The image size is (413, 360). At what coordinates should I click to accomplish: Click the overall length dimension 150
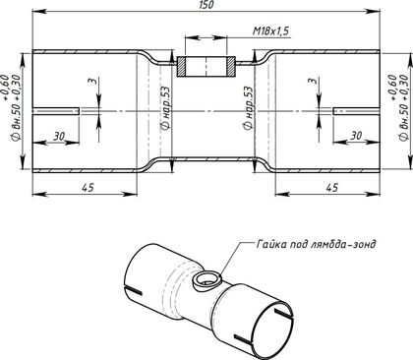pos(206,4)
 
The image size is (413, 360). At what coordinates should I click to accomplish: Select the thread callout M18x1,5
pos(270,31)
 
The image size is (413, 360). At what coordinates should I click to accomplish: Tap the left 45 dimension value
pos(88,188)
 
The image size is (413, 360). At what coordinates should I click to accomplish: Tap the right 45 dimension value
pos(331,188)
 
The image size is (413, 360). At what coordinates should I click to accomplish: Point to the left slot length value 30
pos(59,136)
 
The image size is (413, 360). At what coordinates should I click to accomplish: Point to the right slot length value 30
pos(356,135)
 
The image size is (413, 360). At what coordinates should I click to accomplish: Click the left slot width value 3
pos(94,81)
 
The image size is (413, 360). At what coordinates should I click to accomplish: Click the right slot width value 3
pos(314,81)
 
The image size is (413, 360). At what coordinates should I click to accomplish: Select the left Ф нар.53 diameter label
pos(165,107)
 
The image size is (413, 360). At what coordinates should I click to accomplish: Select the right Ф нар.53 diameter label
pos(248,107)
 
